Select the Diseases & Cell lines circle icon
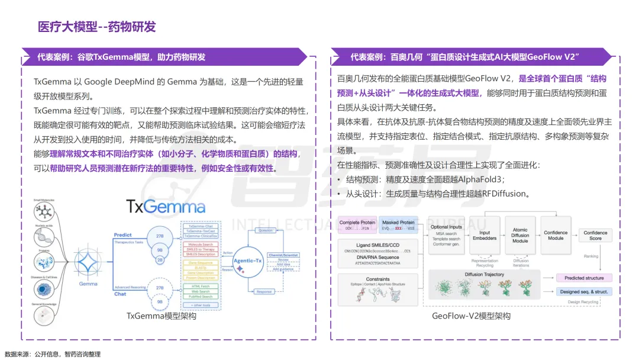44,288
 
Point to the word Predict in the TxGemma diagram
123,234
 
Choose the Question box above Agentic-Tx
265,230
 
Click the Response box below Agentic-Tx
264,291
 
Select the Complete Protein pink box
357,225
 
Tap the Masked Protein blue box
398,225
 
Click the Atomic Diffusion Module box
520,236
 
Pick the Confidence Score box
595,236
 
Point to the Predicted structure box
584,278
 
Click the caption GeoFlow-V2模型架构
471,316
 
